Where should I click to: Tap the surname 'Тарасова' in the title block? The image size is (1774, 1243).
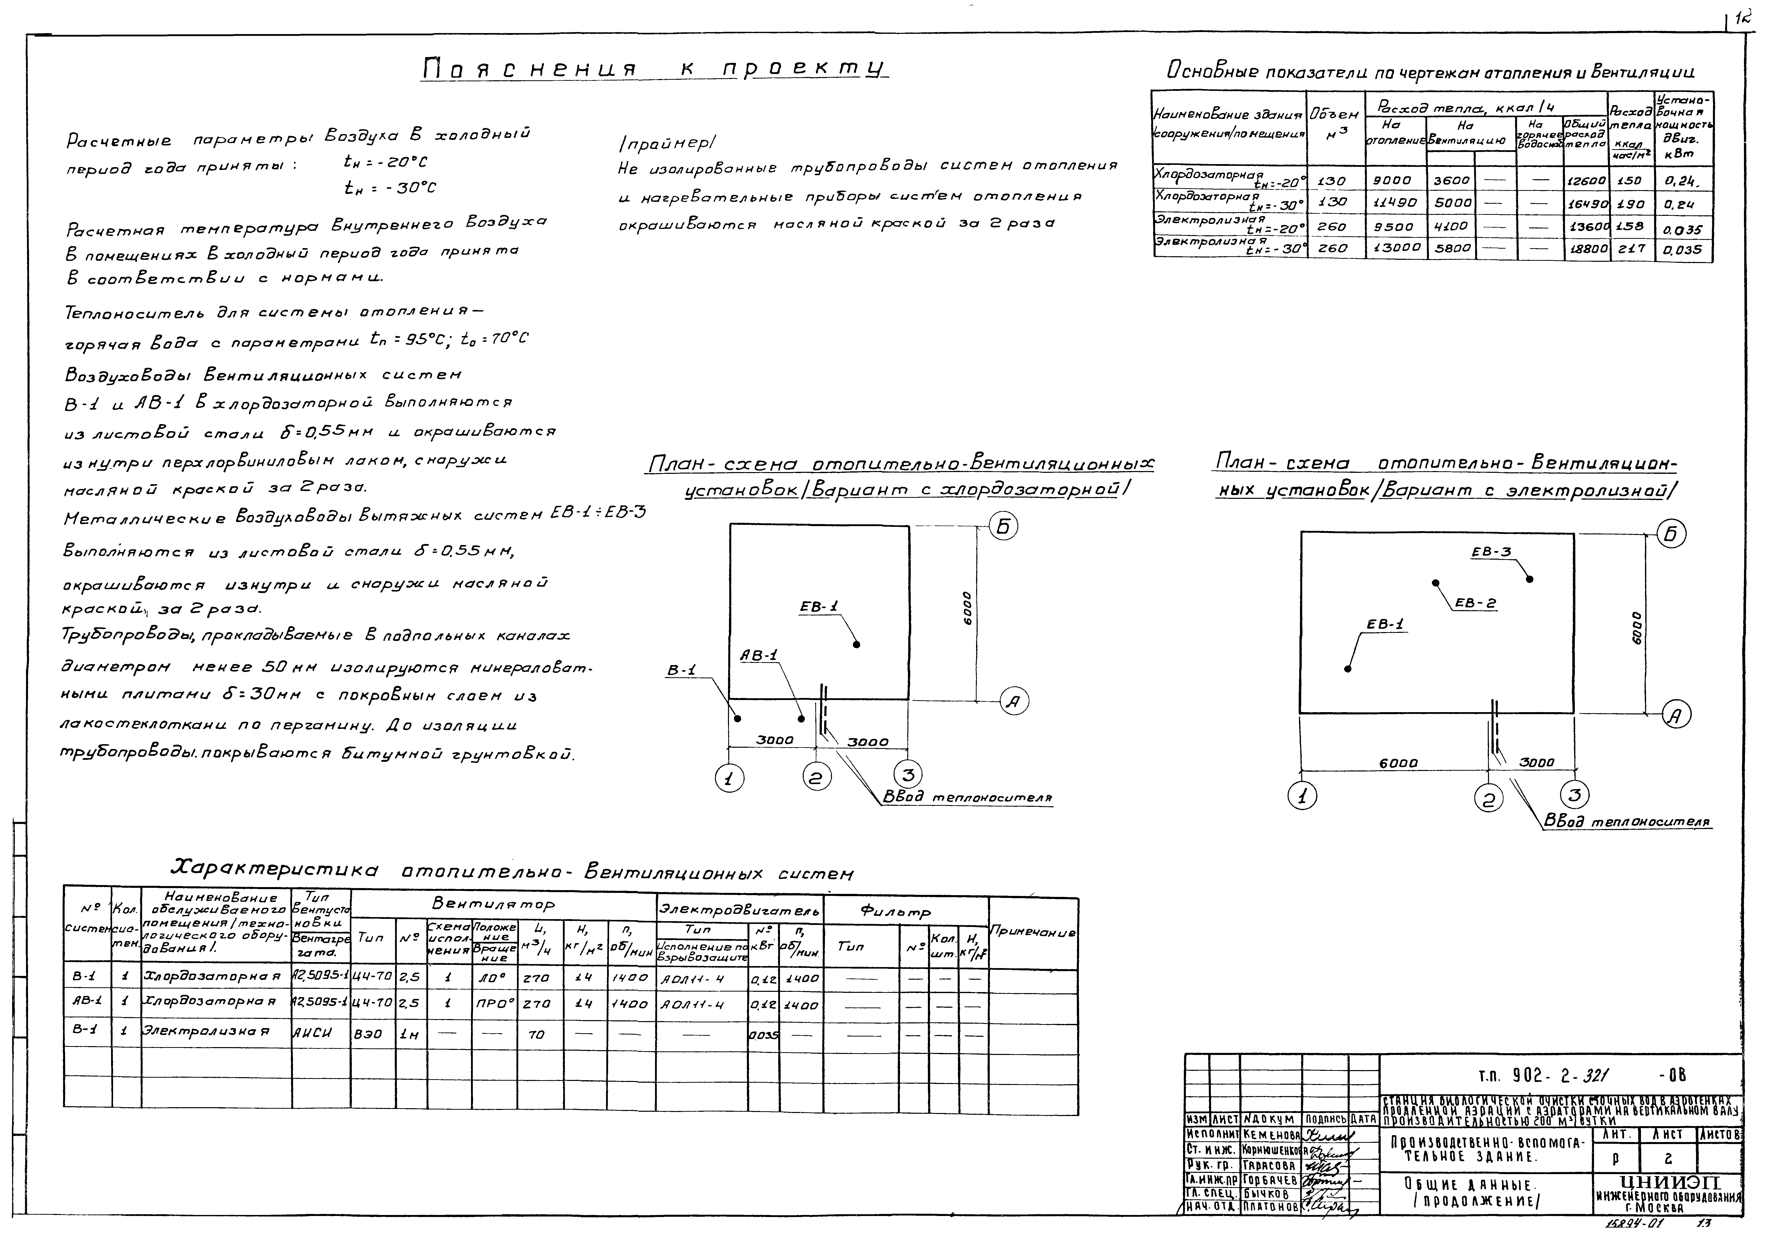pos(1269,1165)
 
